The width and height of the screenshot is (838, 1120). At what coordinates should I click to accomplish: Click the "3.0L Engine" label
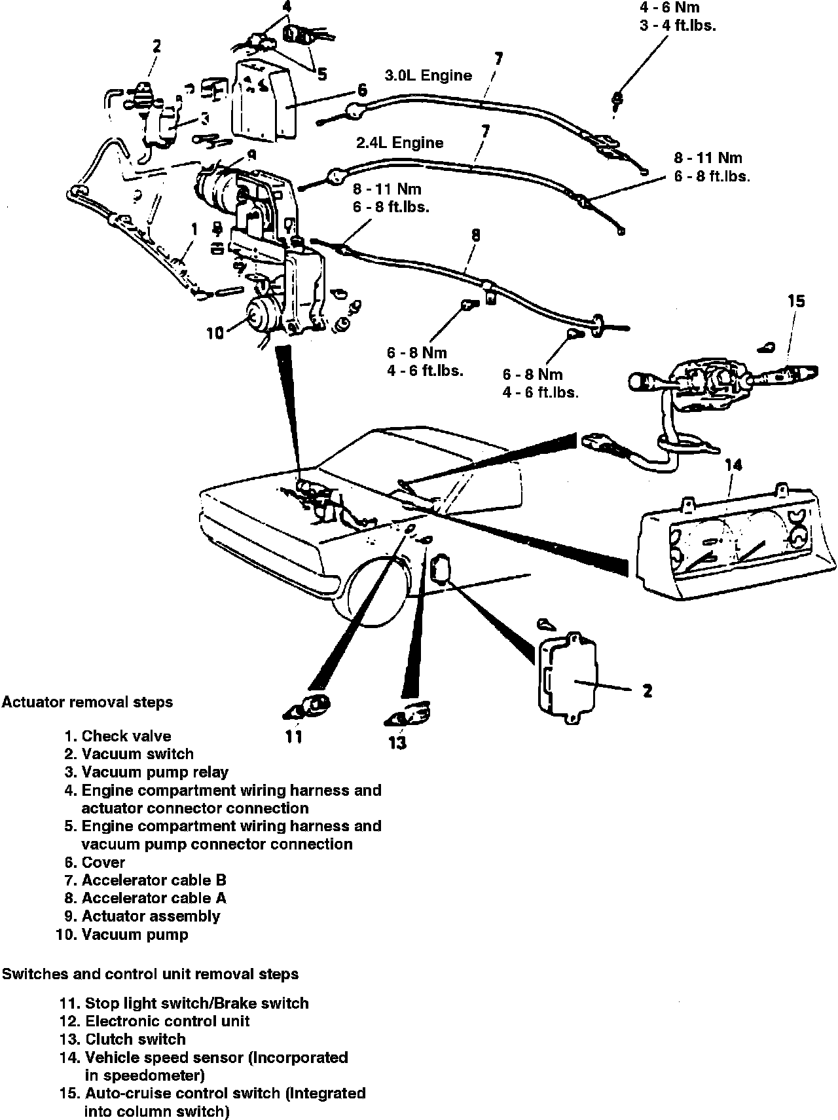coord(428,75)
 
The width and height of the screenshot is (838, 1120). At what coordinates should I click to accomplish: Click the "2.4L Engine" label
coord(399,143)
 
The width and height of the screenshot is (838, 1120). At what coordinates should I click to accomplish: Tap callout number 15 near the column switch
coord(796,301)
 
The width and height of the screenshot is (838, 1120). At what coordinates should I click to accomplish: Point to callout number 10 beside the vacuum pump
coord(215,333)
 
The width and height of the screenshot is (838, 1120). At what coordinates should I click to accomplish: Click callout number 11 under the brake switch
coord(294,736)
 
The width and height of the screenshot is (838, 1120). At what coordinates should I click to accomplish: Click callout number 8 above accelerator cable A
coord(476,234)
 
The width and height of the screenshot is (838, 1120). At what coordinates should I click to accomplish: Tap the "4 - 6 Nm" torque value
coord(668,8)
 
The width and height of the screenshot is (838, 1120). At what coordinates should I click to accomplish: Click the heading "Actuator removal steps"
coord(87,702)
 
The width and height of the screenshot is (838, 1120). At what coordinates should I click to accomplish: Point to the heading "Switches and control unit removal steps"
coord(150,974)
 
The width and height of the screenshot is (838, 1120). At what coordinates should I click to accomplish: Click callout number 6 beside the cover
coord(362,90)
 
